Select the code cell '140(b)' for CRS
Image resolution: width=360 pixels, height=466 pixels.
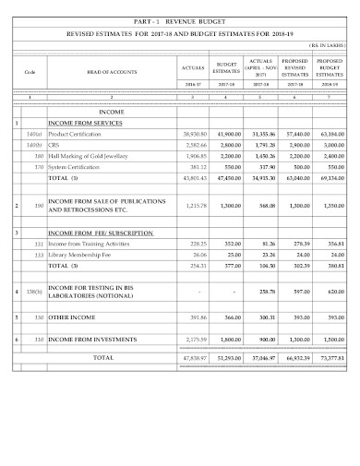pos(33,146)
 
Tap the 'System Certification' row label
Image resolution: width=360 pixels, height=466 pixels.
pos(77,167)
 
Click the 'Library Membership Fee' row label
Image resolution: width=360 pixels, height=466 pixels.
pos(82,254)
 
